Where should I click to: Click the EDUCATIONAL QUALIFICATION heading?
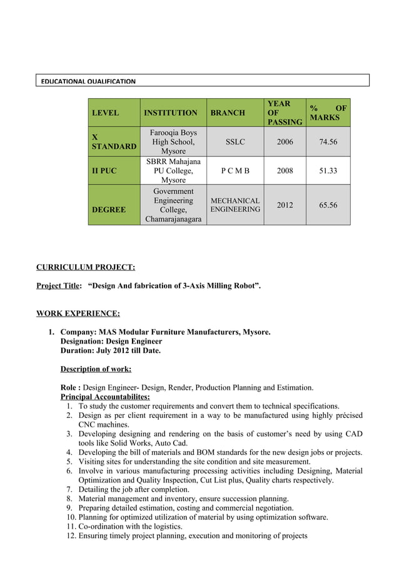(x=88, y=81)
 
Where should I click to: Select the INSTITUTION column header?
(x=170, y=113)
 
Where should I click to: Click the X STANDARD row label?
(x=114, y=141)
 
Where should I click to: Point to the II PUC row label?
(x=104, y=170)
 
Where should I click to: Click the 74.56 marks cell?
(x=328, y=142)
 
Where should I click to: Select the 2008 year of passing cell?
(x=285, y=170)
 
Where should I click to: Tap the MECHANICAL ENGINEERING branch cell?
(x=235, y=205)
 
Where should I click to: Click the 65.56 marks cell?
(x=328, y=205)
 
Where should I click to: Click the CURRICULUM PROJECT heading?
(x=85, y=267)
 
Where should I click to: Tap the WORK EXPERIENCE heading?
(x=78, y=313)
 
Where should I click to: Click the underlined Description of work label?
(x=96, y=369)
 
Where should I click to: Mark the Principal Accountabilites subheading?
(x=104, y=397)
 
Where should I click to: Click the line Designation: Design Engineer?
(x=111, y=341)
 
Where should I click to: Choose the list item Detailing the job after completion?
(x=134, y=489)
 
